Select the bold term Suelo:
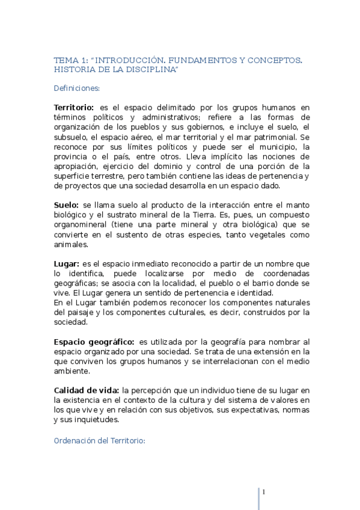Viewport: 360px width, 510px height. tap(66, 205)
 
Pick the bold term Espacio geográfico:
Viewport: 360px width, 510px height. tap(94, 342)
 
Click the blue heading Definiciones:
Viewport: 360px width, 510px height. tap(76, 88)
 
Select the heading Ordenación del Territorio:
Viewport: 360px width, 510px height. tap(99, 440)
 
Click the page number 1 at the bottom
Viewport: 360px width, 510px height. tap(263, 493)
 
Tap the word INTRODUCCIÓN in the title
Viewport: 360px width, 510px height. tap(130, 61)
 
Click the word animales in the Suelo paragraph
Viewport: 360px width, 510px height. tap(71, 244)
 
